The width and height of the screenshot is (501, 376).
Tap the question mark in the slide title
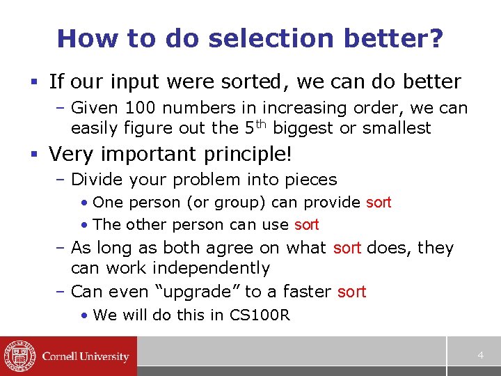435,39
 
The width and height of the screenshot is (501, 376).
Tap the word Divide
101,180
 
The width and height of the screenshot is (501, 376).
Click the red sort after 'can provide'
379,203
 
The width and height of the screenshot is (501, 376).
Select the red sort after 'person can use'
306,225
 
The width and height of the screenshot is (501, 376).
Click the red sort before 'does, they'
347,248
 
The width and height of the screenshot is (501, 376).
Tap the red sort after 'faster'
351,292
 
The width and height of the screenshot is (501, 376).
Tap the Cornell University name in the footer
86,357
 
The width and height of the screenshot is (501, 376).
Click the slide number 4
480,356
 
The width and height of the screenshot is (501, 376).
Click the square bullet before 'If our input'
35,82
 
